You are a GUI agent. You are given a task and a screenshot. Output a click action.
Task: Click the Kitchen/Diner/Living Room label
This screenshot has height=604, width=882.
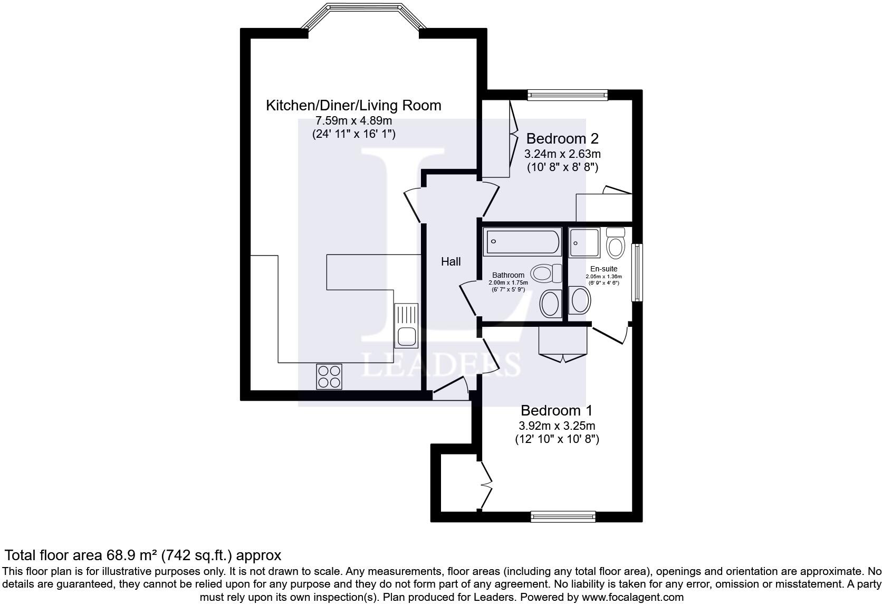point(353,105)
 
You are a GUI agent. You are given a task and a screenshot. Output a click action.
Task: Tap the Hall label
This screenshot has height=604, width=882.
point(450,261)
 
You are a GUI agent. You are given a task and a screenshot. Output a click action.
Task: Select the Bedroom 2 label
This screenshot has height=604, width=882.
point(562,139)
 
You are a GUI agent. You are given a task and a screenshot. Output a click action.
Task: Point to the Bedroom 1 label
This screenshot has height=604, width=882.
point(557,410)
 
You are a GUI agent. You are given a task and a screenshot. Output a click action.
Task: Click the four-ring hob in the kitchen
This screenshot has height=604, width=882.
point(329,376)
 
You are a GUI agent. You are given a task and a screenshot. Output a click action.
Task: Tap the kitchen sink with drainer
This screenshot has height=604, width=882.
point(406,326)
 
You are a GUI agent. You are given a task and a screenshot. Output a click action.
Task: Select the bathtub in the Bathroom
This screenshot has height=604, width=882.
point(522,243)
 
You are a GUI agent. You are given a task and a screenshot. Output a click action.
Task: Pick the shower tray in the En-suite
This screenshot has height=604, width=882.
point(584,243)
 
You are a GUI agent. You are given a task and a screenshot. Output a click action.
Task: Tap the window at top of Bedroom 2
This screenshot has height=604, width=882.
point(568,95)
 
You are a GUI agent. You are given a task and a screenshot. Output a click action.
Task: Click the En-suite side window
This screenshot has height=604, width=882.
point(638,272)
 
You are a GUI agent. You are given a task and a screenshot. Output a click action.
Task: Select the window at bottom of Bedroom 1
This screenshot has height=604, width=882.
point(563,516)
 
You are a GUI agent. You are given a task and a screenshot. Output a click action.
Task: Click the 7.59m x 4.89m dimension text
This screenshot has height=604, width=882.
point(353,120)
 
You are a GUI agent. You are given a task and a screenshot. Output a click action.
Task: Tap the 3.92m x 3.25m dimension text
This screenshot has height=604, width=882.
point(557,426)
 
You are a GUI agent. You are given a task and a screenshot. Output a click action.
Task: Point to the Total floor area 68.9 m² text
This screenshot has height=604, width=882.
point(143,555)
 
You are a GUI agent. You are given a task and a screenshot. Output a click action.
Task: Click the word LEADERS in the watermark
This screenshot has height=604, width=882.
point(441,365)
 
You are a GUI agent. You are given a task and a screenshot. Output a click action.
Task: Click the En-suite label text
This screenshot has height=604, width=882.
point(603,269)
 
